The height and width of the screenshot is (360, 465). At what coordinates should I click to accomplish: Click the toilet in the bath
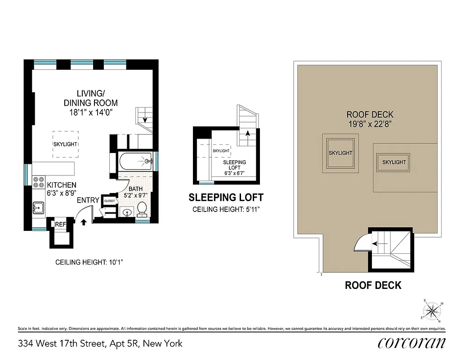pos(142,208)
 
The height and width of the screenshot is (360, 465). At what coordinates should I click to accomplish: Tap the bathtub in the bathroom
pos(135,161)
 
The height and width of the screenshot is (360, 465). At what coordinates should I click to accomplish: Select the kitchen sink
pos(38,208)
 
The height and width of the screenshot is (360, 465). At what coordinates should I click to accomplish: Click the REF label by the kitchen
pos(60,224)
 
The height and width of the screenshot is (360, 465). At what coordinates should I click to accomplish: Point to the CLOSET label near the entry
pos(109,201)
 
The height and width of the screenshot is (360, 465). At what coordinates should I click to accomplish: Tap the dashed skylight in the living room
pos(66,144)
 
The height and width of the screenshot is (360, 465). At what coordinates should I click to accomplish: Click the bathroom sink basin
pos(126,212)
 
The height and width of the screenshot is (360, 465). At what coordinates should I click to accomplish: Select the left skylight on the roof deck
pos(340,153)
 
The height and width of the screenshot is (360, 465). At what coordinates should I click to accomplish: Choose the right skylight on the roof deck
pos(393,162)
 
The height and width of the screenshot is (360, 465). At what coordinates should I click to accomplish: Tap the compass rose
pos(433,310)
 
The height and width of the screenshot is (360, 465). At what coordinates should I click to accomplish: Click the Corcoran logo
pos(411,343)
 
